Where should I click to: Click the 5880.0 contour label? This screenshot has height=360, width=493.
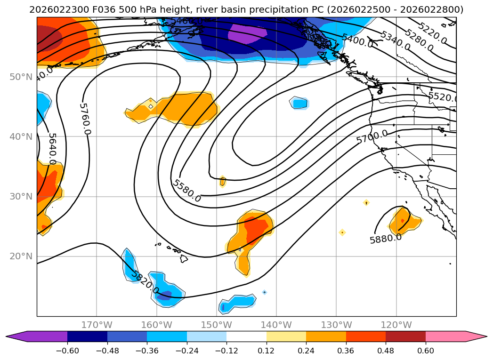[x=386, y=239]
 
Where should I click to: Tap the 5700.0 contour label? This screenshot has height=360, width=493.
[x=372, y=137]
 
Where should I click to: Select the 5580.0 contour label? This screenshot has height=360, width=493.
[x=187, y=191]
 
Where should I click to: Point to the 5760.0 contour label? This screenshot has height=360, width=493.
[x=85, y=119]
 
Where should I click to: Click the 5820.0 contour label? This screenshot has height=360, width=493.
[x=145, y=282]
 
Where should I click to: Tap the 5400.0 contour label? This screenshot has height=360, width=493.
[x=357, y=41]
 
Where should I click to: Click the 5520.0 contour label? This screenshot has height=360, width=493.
[x=442, y=97]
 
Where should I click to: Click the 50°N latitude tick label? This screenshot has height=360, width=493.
[x=21, y=77]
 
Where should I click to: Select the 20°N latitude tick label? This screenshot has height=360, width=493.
[x=21, y=256]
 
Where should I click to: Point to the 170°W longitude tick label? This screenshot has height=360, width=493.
[x=97, y=325]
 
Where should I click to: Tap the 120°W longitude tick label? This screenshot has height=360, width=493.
[x=396, y=325]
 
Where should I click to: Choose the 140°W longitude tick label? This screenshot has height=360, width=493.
[x=276, y=325]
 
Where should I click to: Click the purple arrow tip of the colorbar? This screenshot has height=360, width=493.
[x=12, y=336]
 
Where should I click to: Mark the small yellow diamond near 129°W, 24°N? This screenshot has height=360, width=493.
[x=342, y=232]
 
